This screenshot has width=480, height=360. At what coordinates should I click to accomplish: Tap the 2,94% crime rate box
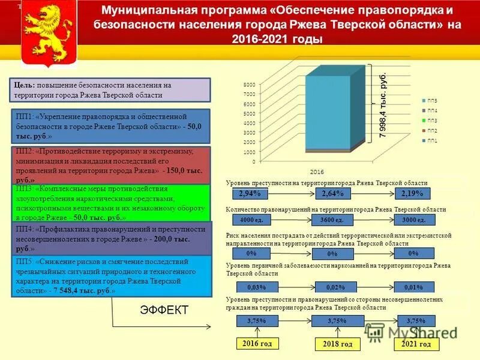[249, 193]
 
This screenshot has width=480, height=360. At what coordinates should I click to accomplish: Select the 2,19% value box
[413, 193]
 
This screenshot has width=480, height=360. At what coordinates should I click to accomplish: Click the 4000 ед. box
[248, 220]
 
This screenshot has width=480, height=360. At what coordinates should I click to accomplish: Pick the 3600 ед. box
[332, 220]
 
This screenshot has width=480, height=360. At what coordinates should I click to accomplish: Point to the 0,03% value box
[251, 287]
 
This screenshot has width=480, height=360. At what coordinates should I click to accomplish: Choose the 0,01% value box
[413, 287]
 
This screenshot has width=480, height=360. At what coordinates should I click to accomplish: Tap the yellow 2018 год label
[338, 344]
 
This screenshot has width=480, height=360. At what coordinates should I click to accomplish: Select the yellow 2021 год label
[416, 344]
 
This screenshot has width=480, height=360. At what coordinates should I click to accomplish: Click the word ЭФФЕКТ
[164, 310]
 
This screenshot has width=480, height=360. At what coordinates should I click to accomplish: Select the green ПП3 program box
[112, 203]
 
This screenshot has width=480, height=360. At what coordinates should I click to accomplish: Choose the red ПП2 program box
[112, 164]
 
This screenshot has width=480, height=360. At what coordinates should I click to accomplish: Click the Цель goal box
[110, 90]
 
